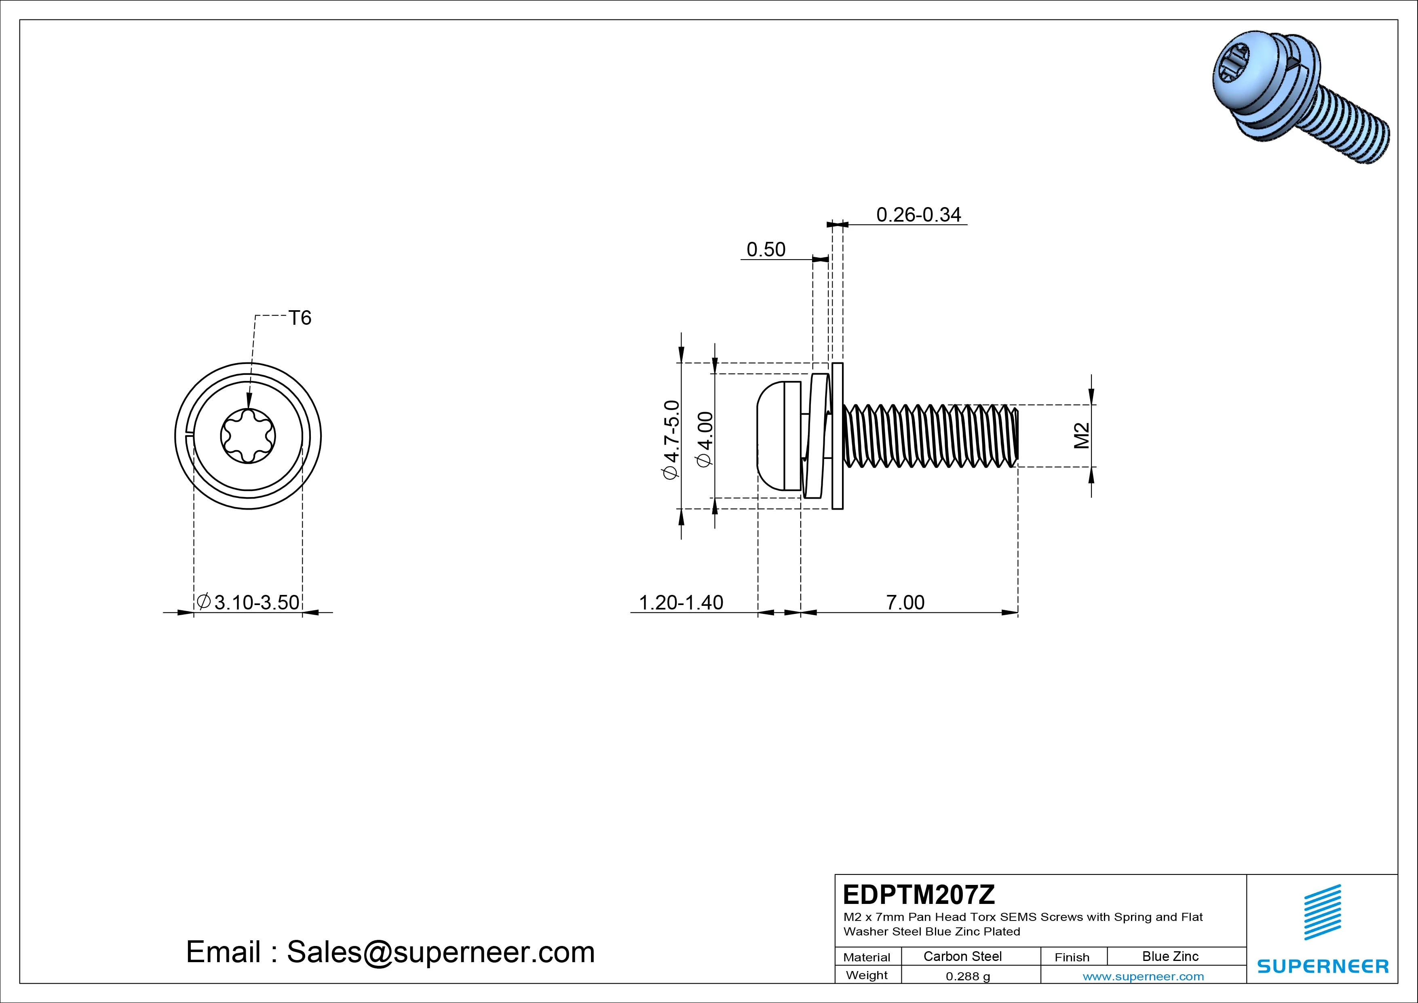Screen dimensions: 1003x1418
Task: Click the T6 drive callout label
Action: (x=300, y=318)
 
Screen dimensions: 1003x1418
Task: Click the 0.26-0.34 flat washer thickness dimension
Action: (x=918, y=215)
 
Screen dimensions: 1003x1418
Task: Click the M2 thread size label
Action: (x=1081, y=436)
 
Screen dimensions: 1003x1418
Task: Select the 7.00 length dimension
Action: (x=905, y=603)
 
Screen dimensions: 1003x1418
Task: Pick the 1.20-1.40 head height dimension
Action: (x=681, y=603)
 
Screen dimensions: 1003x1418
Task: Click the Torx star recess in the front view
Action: (x=248, y=436)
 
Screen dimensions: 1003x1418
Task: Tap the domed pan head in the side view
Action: (x=772, y=436)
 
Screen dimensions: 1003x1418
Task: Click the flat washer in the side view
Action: (x=838, y=436)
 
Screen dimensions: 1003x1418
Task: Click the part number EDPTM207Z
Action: (x=919, y=894)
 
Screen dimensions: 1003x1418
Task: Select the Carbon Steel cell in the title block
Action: (x=962, y=956)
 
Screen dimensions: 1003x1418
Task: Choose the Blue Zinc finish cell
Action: (x=1170, y=956)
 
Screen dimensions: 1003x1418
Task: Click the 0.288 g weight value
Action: (x=968, y=976)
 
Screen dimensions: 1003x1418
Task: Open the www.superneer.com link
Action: (x=1143, y=976)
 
